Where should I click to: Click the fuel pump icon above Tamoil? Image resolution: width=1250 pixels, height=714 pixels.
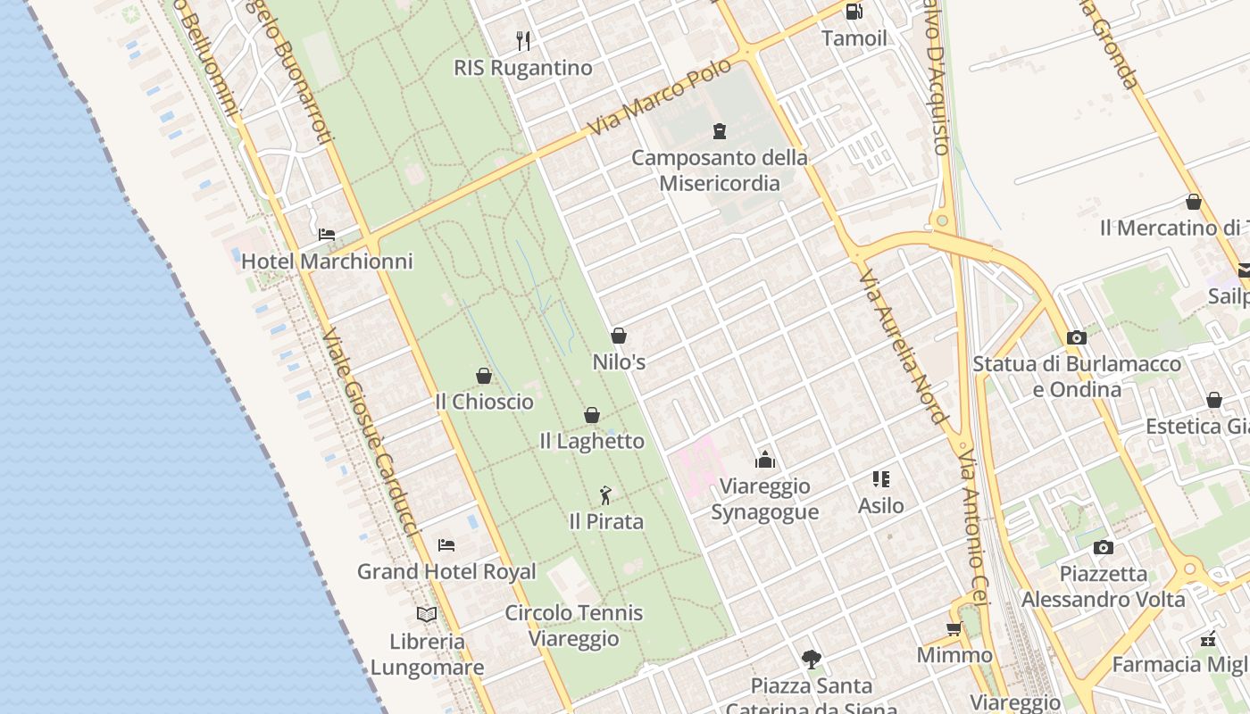(854, 12)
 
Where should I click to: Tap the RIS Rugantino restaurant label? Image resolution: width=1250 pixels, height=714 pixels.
(523, 68)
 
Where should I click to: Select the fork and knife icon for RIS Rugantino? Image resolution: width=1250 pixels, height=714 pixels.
(523, 40)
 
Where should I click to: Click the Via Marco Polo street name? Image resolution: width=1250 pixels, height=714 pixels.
(661, 97)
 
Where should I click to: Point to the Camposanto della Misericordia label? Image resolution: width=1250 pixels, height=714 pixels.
(720, 170)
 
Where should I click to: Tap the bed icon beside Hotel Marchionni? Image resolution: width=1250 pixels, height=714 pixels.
(327, 235)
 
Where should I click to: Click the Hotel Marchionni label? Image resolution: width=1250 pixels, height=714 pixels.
(327, 262)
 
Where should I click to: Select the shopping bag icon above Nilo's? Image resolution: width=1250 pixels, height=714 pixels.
(619, 336)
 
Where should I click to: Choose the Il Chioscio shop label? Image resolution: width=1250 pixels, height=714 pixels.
(484, 402)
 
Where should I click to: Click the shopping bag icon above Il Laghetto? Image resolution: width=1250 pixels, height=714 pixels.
(591, 415)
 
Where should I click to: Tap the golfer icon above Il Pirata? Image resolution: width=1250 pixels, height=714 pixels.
(606, 495)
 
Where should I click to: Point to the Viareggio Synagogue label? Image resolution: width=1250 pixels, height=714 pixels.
(765, 499)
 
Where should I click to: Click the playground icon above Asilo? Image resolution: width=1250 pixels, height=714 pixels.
(881, 479)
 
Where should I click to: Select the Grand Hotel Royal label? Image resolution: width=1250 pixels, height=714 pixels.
(446, 572)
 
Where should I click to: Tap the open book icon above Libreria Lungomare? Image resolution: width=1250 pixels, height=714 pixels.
(427, 614)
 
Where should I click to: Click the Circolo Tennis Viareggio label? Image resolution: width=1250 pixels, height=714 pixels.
(574, 626)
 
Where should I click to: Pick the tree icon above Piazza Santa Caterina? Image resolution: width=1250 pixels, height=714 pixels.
(812, 660)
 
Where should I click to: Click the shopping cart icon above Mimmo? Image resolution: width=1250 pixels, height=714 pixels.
(954, 628)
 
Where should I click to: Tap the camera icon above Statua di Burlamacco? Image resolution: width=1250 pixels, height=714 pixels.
(1077, 337)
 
